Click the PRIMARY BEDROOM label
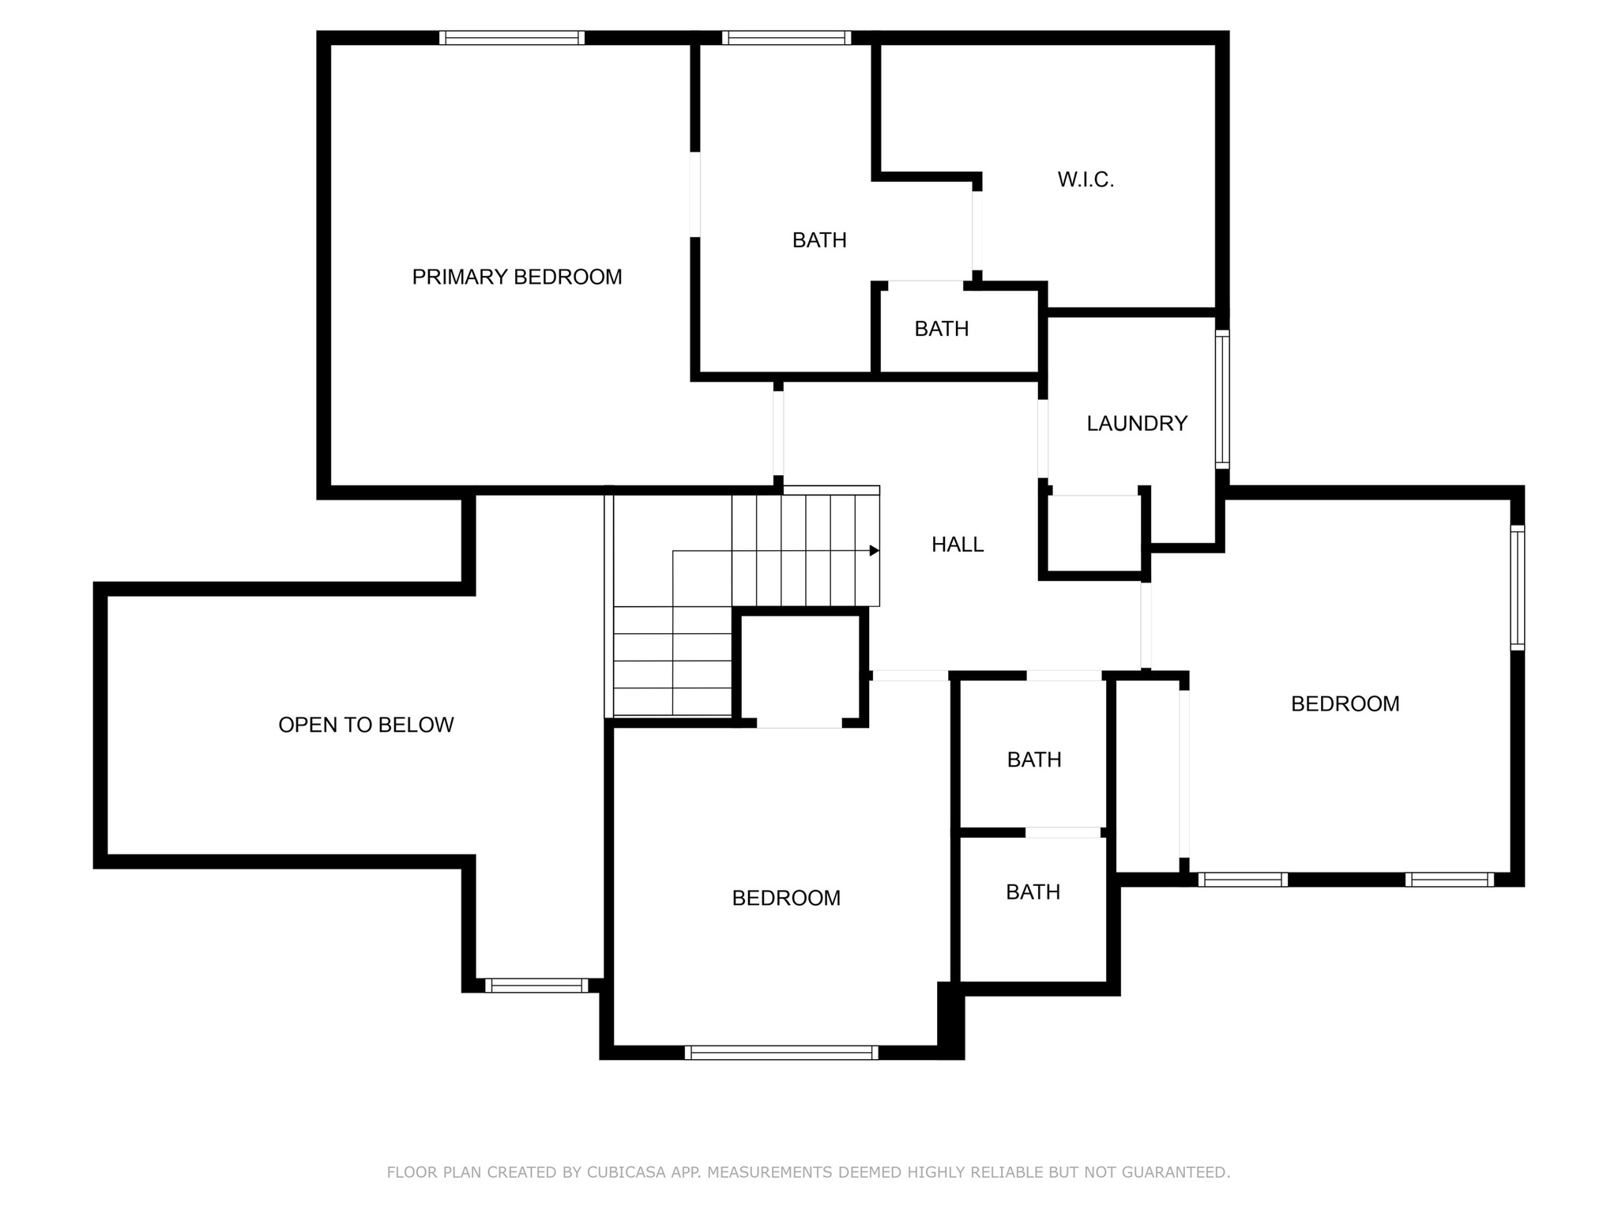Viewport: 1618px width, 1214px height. tap(517, 277)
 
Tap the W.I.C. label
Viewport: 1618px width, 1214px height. tap(1086, 180)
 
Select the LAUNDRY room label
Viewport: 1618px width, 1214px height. tap(1137, 424)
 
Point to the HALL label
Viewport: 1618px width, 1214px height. tap(958, 545)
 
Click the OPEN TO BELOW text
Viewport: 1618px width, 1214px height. tap(366, 725)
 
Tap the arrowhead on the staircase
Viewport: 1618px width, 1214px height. tap(875, 550)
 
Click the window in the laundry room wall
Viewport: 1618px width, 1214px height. tap(1222, 399)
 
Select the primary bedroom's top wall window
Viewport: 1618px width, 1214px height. tap(512, 37)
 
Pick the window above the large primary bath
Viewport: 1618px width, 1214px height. tap(786, 37)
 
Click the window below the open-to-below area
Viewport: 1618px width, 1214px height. tap(536, 985)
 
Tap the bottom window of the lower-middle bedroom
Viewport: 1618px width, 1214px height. tap(781, 1052)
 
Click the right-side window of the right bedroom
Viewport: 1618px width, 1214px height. tap(1517, 588)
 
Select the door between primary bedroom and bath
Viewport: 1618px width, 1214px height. tap(695, 194)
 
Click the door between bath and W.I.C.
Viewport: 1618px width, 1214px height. tap(977, 231)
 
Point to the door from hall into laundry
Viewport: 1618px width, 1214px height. tap(1043, 439)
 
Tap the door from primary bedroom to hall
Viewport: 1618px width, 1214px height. tap(778, 433)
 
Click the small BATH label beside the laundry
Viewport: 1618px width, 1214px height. tap(942, 329)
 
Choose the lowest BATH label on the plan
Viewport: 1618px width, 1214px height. tap(1033, 892)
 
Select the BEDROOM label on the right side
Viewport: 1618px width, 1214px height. tap(1345, 704)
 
